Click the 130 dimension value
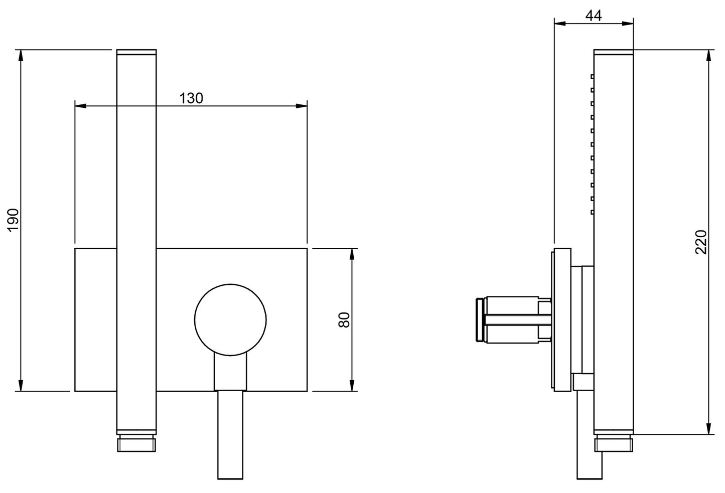tap(191, 98)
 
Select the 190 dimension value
tap(14, 219)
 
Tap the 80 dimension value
tap(344, 319)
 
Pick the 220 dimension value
tap(701, 242)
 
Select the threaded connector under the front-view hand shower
tap(136, 444)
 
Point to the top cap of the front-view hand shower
tap(136, 52)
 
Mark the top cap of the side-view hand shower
tap(613, 52)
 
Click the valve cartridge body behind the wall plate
tap(512, 319)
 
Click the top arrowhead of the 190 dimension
tap(21, 55)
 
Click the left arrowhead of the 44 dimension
tap(559, 23)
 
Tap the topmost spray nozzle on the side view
tap(592, 77)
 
